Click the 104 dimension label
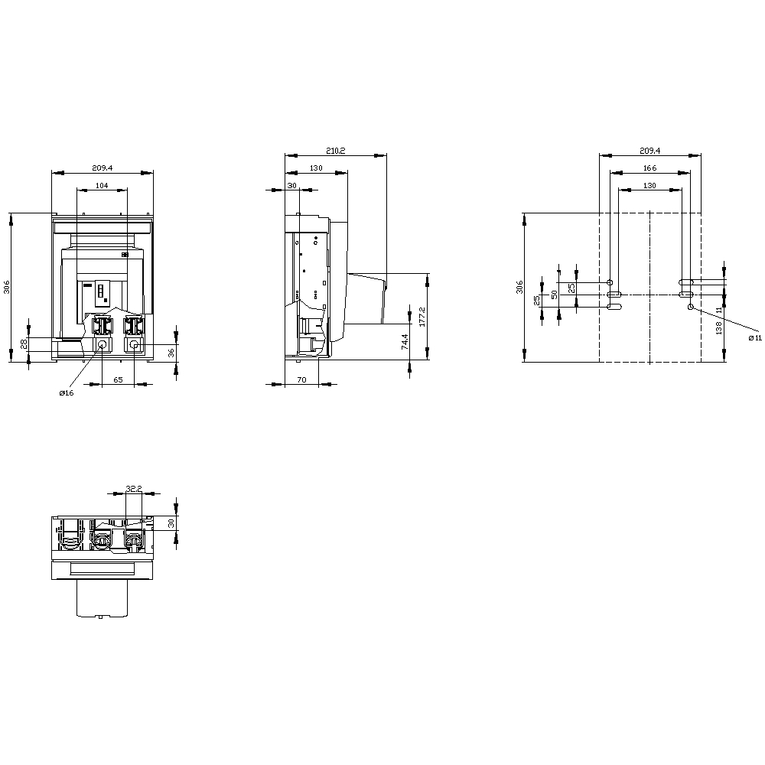point(102,185)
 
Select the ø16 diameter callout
point(67,392)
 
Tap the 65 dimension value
point(118,379)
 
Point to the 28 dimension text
point(24,344)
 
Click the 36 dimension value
point(171,353)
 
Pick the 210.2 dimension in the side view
point(336,151)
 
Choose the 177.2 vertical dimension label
point(422,317)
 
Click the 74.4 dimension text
point(405,341)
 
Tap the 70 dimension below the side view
point(301,379)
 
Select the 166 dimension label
point(649,168)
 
